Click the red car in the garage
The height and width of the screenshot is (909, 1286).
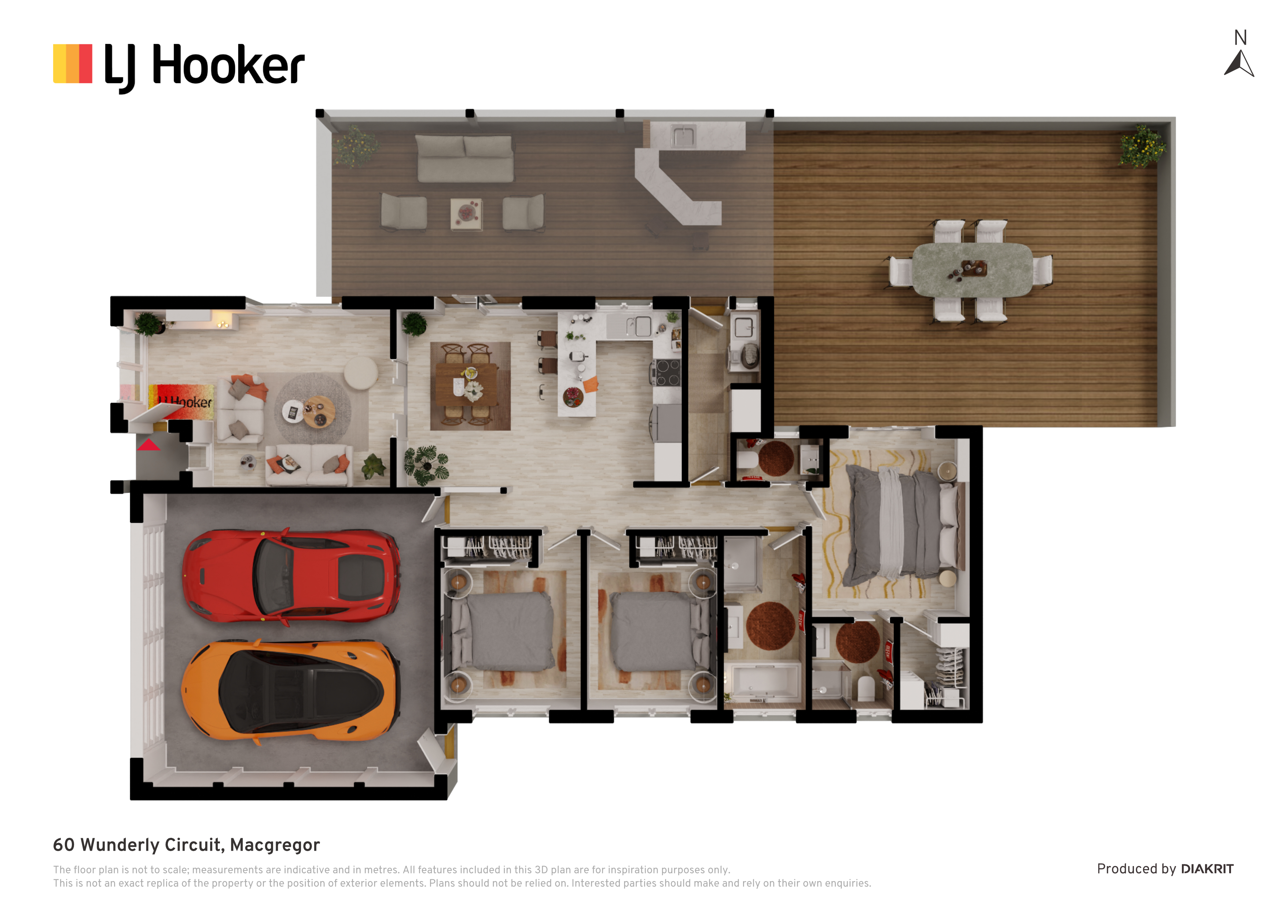tap(291, 576)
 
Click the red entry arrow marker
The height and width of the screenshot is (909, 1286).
tap(149, 445)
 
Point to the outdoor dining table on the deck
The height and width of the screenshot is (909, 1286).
tap(972, 269)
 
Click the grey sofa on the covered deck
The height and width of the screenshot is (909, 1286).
tap(465, 158)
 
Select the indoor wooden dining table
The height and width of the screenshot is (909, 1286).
tap(467, 384)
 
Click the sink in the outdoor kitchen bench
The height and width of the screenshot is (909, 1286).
tap(683, 136)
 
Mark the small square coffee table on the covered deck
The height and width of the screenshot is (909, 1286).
tap(466, 214)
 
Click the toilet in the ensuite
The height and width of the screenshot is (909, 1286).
tap(866, 688)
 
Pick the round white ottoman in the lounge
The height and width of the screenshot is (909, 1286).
tap(361, 372)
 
